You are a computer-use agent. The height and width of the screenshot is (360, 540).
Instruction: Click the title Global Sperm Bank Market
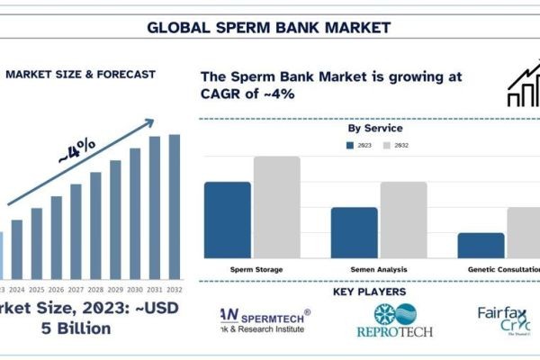[x=270, y=26]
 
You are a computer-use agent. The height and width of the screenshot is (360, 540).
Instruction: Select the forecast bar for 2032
[x=174, y=206]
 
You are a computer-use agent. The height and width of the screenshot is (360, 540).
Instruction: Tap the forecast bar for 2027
[x=76, y=230]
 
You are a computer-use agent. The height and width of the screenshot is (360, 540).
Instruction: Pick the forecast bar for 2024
[x=16, y=248]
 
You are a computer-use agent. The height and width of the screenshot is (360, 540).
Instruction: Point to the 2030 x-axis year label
[x=135, y=290]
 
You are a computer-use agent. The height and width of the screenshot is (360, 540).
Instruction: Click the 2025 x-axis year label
[x=36, y=290]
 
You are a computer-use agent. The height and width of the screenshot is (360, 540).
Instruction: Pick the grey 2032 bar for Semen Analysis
[x=402, y=220]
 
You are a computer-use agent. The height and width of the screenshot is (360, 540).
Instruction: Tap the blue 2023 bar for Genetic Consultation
[x=480, y=245]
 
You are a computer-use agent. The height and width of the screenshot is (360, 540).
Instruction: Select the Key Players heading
[x=369, y=292]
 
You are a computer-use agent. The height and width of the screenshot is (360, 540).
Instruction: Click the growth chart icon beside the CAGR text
[x=522, y=86]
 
